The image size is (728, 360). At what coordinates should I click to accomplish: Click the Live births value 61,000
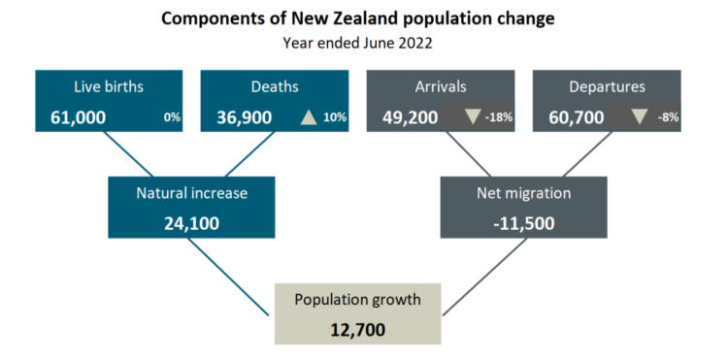tap(78, 117)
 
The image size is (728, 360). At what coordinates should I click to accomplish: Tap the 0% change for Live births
tap(171, 117)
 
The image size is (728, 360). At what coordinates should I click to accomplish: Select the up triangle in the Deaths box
tap(309, 117)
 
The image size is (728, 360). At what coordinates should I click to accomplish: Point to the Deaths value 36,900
tap(245, 117)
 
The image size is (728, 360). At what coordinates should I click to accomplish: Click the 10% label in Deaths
tap(335, 117)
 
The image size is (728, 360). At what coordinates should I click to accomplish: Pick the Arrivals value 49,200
tap(410, 117)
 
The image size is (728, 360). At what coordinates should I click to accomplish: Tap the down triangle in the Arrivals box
tap(473, 116)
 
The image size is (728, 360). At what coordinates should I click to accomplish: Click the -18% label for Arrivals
tap(499, 117)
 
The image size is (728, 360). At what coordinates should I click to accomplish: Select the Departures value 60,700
tap(577, 117)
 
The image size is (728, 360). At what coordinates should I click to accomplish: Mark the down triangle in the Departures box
tap(639, 116)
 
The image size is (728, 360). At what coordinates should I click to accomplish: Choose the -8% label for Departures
tap(668, 117)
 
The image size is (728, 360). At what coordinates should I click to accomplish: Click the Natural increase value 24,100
tap(191, 223)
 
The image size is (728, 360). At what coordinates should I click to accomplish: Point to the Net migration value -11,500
tap(524, 223)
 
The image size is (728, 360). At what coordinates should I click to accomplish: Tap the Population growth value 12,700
tap(357, 330)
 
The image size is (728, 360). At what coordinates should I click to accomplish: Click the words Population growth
tap(357, 300)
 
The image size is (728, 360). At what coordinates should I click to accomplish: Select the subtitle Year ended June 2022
tap(357, 43)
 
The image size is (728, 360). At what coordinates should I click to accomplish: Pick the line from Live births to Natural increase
tap(128, 154)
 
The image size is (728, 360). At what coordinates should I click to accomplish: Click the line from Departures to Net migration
tap(587, 154)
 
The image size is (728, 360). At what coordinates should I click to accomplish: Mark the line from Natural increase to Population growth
tap(228, 277)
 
